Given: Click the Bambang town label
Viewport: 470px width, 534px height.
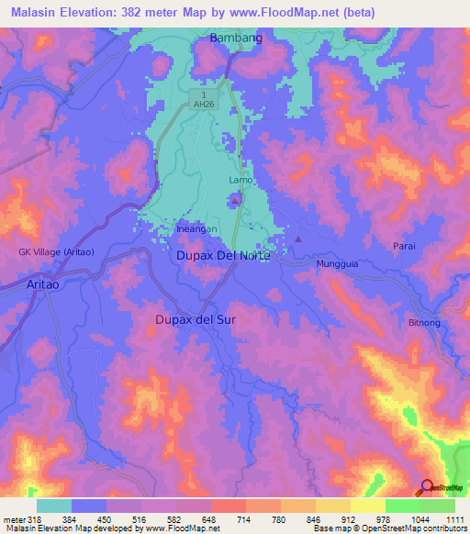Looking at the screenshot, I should [236, 38].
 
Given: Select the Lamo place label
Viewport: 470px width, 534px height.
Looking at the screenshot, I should [241, 181].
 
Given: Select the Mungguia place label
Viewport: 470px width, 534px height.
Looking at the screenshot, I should [337, 264].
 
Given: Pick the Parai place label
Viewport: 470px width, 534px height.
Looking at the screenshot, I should [404, 245].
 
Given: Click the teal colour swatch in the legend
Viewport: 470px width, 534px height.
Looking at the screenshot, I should [54, 506].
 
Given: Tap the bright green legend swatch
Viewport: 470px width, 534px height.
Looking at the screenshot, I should [403, 506].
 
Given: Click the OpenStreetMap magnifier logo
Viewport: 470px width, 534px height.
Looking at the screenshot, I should [427, 488].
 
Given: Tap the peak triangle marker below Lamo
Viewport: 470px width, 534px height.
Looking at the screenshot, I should [236, 198].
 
